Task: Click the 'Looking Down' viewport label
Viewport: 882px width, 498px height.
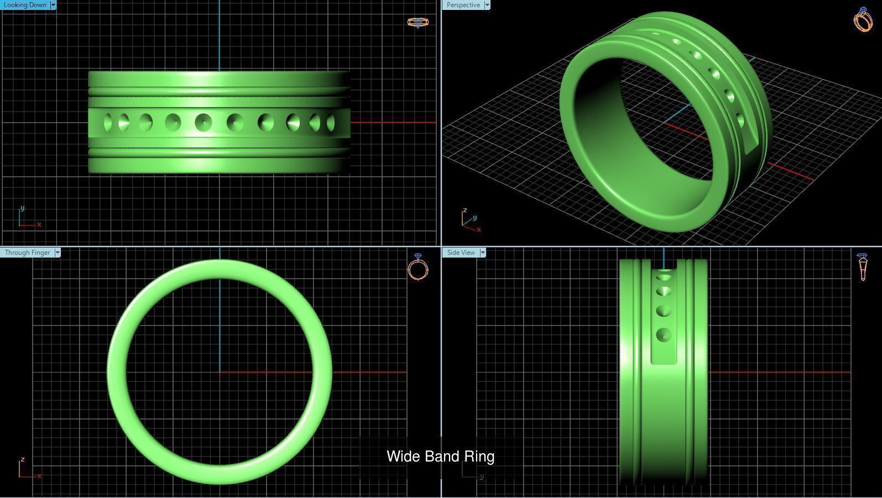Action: [25, 5]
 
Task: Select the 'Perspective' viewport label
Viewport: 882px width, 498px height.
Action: [463, 5]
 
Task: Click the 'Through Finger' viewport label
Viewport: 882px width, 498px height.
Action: [27, 253]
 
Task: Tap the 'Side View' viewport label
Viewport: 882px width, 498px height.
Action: [461, 253]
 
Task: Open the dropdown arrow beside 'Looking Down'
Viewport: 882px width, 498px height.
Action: [53, 5]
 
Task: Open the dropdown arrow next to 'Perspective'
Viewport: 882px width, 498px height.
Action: [487, 5]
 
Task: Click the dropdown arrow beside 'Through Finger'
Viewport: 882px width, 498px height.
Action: [58, 253]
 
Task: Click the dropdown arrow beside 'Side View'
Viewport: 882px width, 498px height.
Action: [483, 253]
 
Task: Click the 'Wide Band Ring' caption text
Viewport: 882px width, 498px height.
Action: [440, 457]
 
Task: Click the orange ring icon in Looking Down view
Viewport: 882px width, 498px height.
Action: [417, 23]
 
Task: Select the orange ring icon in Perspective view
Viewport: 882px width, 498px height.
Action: [863, 19]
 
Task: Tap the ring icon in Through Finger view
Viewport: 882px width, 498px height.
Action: [417, 268]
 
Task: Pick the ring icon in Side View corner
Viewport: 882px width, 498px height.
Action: [863, 267]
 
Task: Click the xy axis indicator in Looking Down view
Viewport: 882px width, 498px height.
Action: [28, 218]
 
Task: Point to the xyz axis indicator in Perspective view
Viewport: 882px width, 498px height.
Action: [471, 221]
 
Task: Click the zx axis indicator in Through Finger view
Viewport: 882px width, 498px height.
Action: [28, 469]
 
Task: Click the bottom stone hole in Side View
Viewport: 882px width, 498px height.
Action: [664, 334]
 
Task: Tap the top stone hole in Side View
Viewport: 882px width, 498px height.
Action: [664, 276]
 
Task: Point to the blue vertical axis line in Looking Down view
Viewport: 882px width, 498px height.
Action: [220, 33]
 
